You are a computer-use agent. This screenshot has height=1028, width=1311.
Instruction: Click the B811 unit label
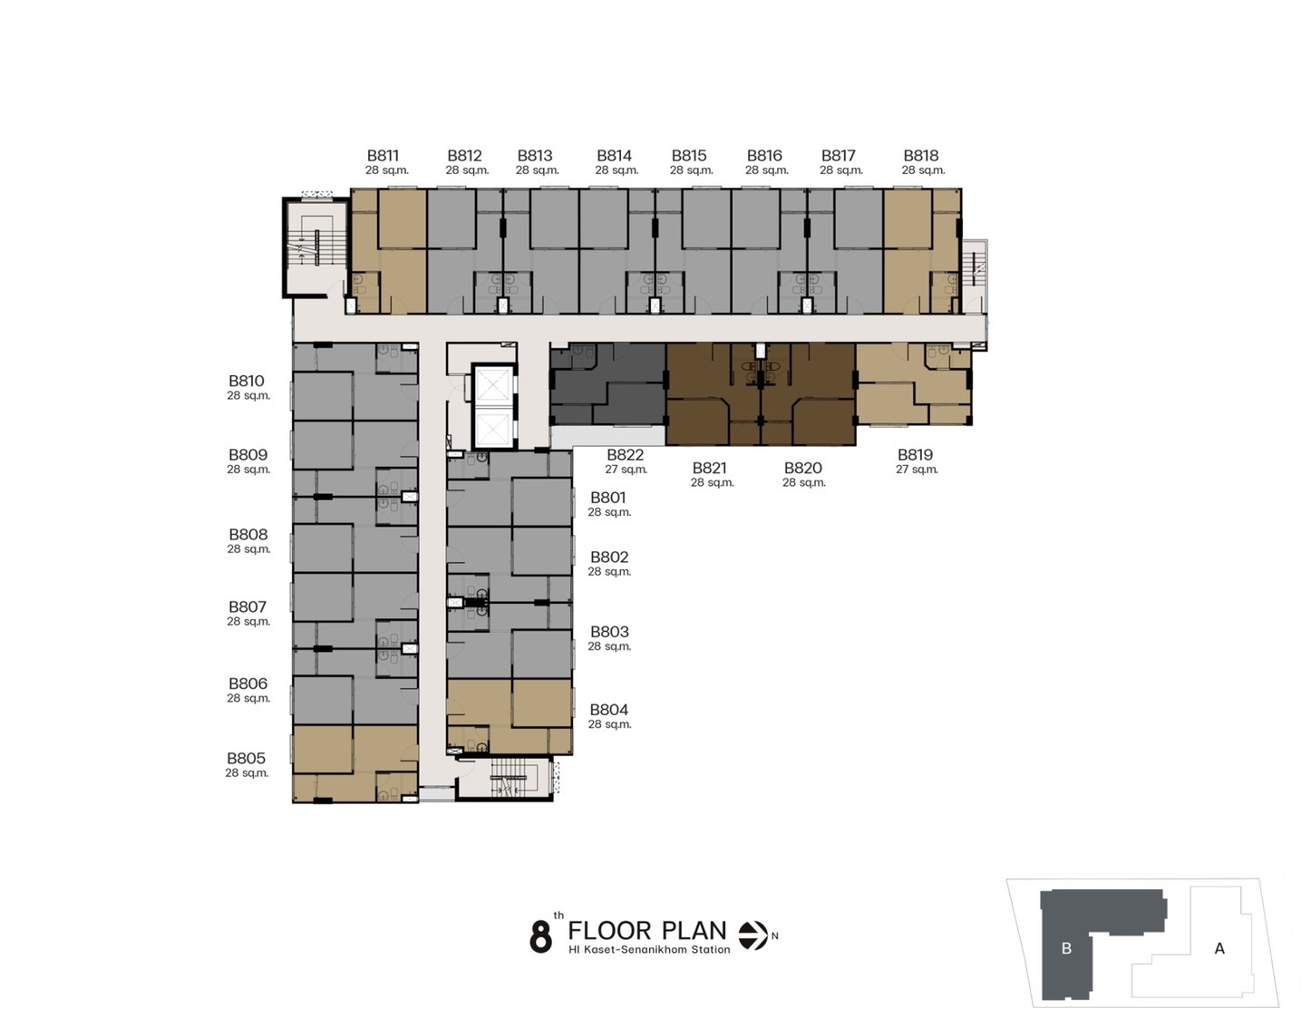[x=384, y=156]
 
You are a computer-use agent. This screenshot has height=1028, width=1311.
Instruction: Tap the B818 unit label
[x=920, y=156]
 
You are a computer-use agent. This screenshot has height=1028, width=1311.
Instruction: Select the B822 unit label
[x=625, y=454]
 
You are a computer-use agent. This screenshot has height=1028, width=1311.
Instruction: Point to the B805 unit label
[x=246, y=758]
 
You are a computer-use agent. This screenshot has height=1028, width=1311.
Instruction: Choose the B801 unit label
[x=608, y=498]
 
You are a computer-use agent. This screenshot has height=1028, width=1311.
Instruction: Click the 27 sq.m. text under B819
[x=917, y=470]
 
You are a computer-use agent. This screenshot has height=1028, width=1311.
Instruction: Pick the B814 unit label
[x=614, y=156]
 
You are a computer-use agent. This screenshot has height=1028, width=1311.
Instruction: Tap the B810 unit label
[x=246, y=381]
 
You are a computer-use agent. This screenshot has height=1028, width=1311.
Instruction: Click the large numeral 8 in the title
[x=540, y=936]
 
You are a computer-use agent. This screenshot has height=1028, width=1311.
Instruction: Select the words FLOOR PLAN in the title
[x=647, y=930]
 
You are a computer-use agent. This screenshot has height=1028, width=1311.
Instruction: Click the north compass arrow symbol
[x=753, y=936]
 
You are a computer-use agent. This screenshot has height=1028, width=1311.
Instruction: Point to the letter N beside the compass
[x=774, y=936]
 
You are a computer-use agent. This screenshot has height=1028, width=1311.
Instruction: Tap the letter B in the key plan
[x=1066, y=948]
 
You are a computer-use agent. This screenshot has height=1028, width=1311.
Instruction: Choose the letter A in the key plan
[x=1219, y=948]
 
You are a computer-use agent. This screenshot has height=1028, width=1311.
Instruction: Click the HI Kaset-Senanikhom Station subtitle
[x=649, y=950]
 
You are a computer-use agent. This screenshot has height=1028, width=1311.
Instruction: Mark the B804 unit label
[x=608, y=710]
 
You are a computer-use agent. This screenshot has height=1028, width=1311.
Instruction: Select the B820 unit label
[x=802, y=468]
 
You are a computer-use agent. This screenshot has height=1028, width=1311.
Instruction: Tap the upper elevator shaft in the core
[x=493, y=384]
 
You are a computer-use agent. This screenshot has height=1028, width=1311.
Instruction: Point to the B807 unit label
[x=248, y=606]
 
